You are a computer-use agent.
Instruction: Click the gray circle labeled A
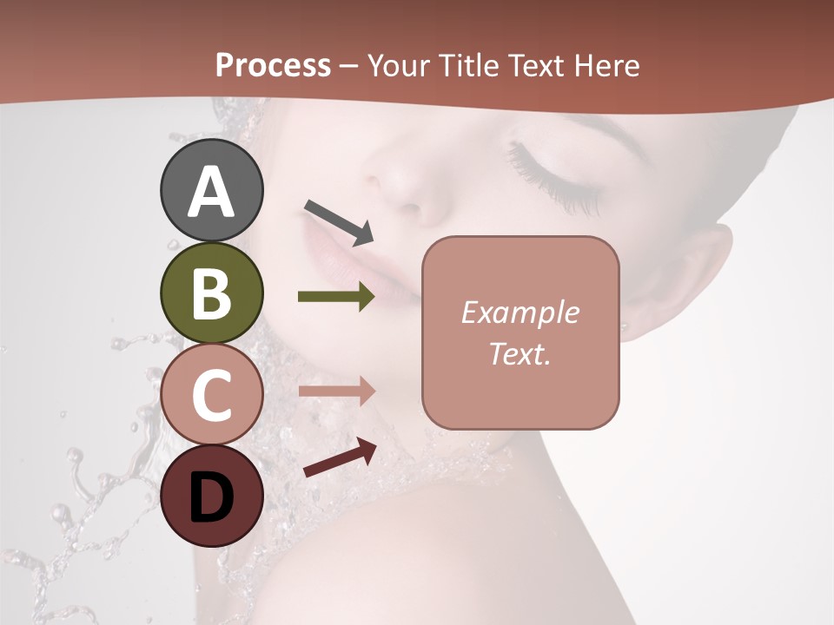click(x=211, y=190)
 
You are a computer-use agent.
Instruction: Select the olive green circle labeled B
click(x=211, y=293)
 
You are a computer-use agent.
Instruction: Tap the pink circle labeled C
click(x=211, y=394)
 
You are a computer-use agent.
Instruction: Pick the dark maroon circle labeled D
click(x=211, y=497)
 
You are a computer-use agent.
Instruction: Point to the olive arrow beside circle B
click(x=336, y=297)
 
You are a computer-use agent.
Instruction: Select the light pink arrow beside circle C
click(x=336, y=391)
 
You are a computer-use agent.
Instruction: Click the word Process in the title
click(x=273, y=65)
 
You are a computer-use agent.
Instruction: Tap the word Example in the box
click(x=520, y=312)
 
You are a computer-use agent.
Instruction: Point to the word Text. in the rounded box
click(x=520, y=353)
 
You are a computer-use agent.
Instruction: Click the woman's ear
click(x=691, y=278)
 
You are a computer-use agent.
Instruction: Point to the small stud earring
click(x=624, y=327)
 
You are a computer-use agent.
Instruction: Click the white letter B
click(x=211, y=293)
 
